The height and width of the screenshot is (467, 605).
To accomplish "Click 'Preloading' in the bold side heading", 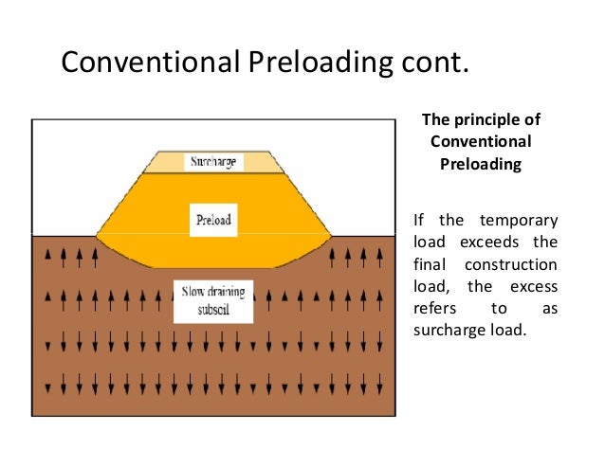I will [481, 163].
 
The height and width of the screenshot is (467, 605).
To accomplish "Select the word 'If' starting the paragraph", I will [419, 221].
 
